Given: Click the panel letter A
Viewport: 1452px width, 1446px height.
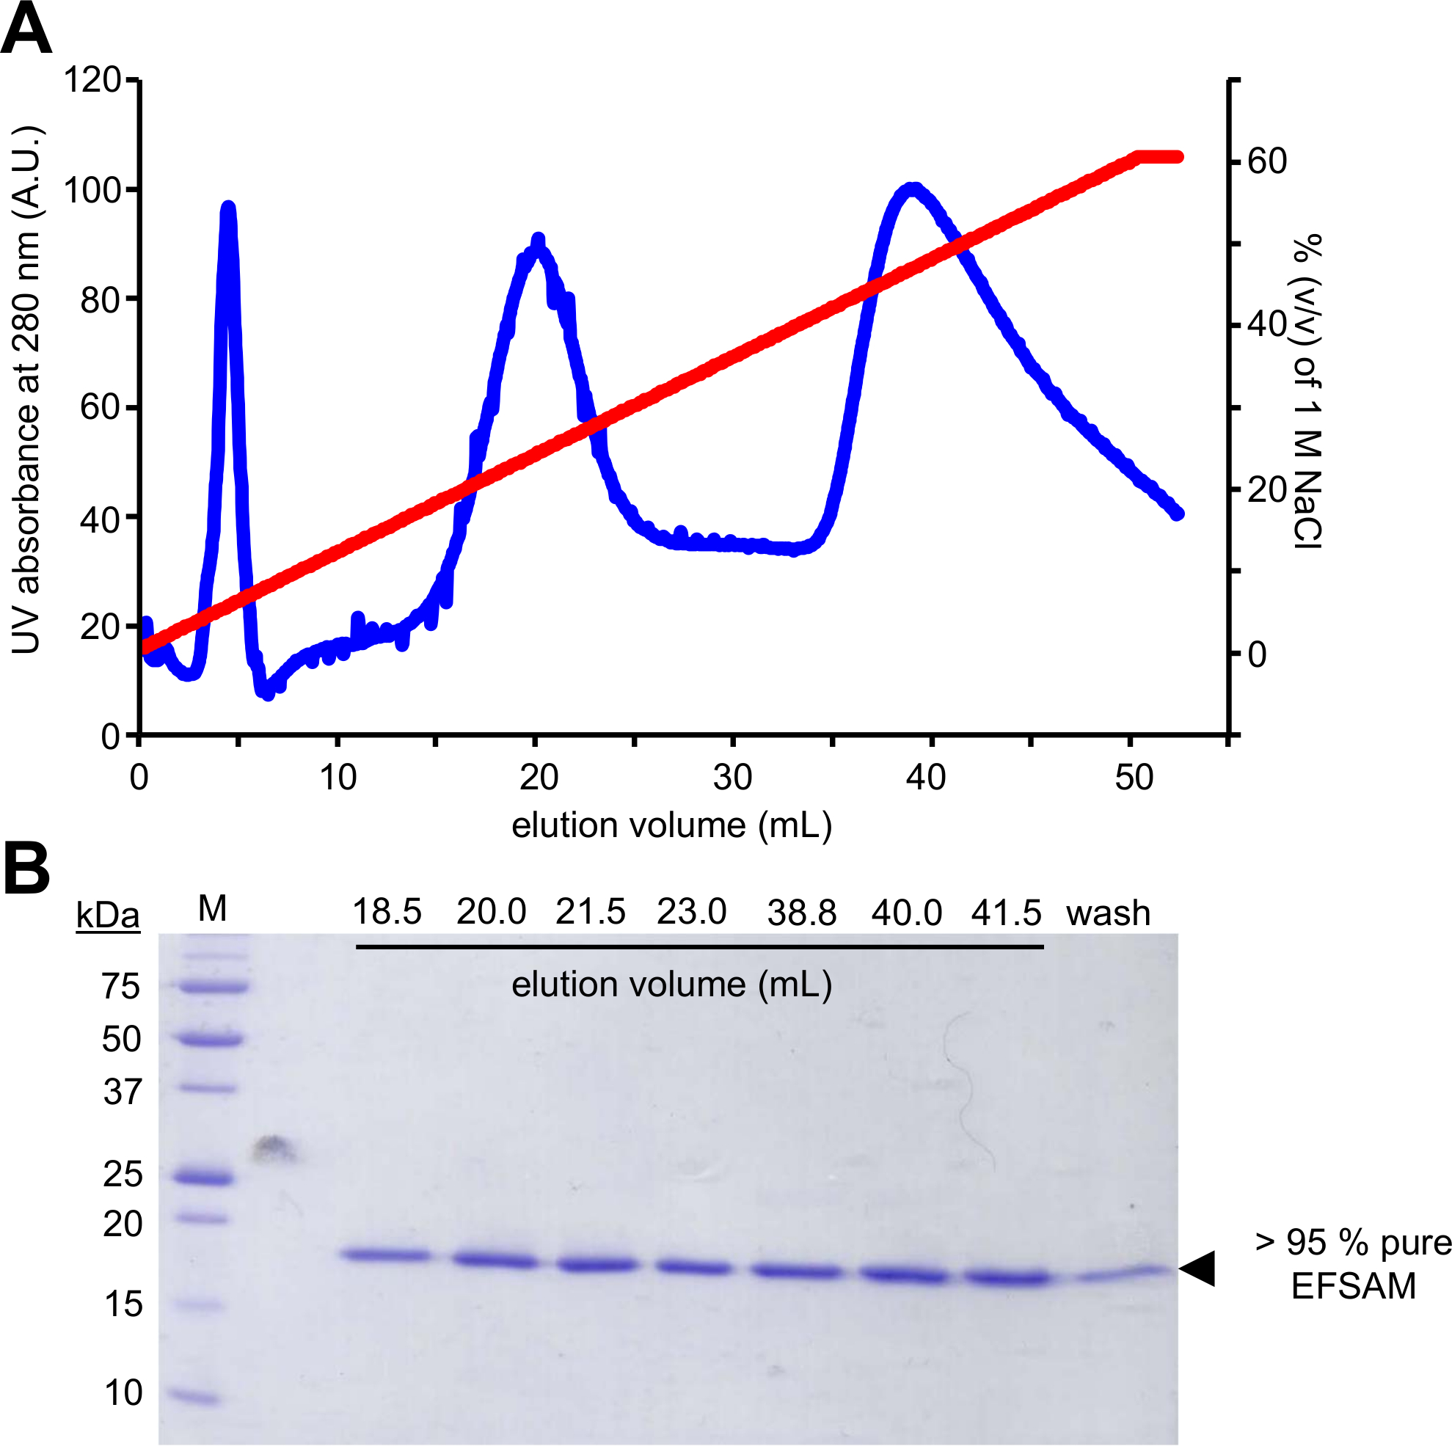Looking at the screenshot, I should [26, 29].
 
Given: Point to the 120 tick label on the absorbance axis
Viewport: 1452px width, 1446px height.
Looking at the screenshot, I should [92, 80].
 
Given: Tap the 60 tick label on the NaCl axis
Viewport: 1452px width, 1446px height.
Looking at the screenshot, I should [1267, 161].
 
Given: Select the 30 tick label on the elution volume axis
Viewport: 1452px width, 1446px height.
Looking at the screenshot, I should [733, 777].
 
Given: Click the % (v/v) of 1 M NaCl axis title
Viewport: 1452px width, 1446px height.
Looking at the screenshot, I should [1307, 391].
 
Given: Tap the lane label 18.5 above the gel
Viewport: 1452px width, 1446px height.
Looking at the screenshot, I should [387, 913].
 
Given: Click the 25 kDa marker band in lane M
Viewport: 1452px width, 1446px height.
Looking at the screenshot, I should [203, 1177].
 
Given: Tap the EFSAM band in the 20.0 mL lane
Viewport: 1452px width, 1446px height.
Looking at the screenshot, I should [495, 1260].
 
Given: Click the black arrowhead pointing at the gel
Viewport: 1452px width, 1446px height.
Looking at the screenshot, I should [1200, 1268].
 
